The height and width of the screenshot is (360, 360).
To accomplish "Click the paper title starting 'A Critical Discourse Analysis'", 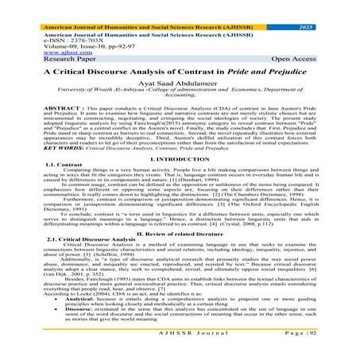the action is click(180, 69).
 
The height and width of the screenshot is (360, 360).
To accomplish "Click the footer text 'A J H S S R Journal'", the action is click(179, 350).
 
